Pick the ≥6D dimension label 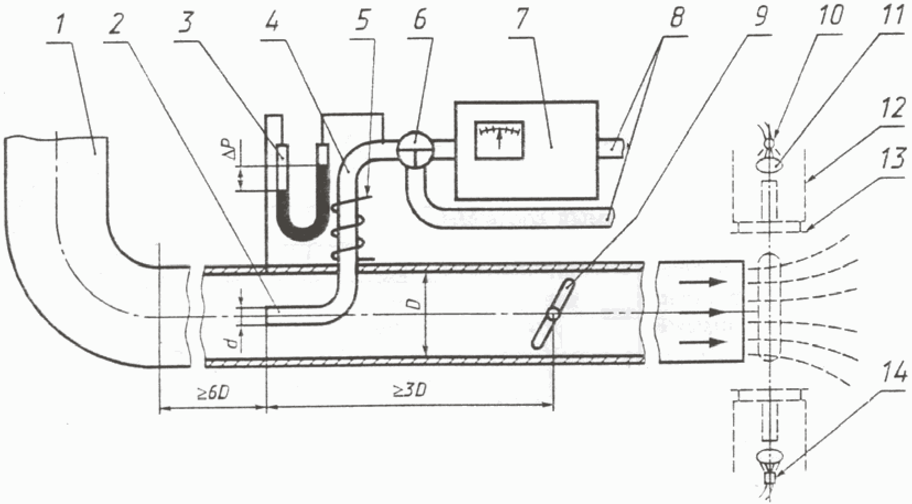pos(213,393)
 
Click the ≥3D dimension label pos(411,391)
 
